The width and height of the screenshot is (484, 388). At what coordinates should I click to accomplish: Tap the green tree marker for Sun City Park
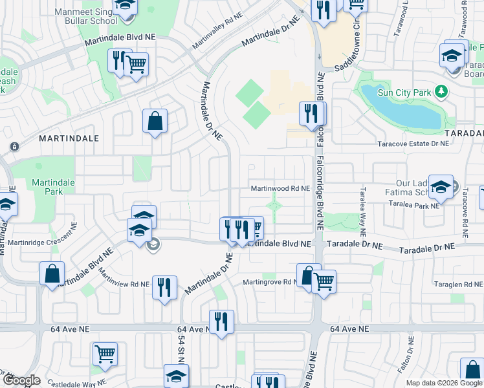click(x=442, y=91)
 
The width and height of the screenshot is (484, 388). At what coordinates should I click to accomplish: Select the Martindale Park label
click(x=53, y=187)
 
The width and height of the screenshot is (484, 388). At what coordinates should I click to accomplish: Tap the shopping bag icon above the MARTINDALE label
click(x=155, y=121)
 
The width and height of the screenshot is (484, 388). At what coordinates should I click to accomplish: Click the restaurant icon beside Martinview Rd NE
click(x=164, y=286)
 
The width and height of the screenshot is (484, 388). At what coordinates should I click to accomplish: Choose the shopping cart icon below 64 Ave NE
click(x=105, y=354)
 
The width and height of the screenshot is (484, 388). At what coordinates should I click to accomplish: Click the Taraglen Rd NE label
click(x=458, y=285)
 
